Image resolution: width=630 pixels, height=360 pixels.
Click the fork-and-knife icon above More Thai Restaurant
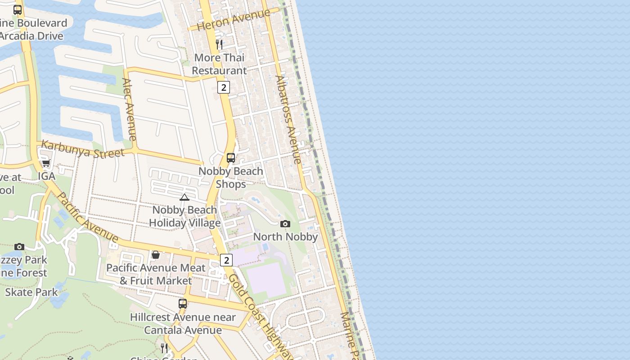point(219,44)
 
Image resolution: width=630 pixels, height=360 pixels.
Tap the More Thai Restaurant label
point(220,64)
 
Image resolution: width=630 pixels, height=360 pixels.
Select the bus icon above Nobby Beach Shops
point(231,158)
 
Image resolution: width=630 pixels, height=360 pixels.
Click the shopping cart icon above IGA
point(46,163)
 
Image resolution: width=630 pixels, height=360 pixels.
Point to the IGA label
point(46,176)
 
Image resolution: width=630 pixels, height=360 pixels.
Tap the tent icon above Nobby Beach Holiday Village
point(184,197)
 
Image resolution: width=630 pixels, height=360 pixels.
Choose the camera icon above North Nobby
point(285,224)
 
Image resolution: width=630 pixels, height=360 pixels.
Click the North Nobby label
point(286,237)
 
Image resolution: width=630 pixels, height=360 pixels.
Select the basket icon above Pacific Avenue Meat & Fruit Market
point(156,255)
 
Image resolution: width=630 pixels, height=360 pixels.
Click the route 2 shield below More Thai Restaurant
point(224,87)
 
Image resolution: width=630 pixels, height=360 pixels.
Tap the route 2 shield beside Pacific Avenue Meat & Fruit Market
point(226,260)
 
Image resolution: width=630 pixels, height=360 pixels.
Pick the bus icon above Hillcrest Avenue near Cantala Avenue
point(183,304)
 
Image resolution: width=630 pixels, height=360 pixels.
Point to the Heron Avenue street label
point(234,19)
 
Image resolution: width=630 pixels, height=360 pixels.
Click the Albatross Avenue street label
point(288,119)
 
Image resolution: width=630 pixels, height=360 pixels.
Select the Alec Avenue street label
point(129,109)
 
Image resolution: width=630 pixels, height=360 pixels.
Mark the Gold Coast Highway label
point(261,315)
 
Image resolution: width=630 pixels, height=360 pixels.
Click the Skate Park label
point(31,292)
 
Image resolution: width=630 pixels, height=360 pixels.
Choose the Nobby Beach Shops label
point(231,178)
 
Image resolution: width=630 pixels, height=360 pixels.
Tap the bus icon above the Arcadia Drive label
point(18,9)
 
